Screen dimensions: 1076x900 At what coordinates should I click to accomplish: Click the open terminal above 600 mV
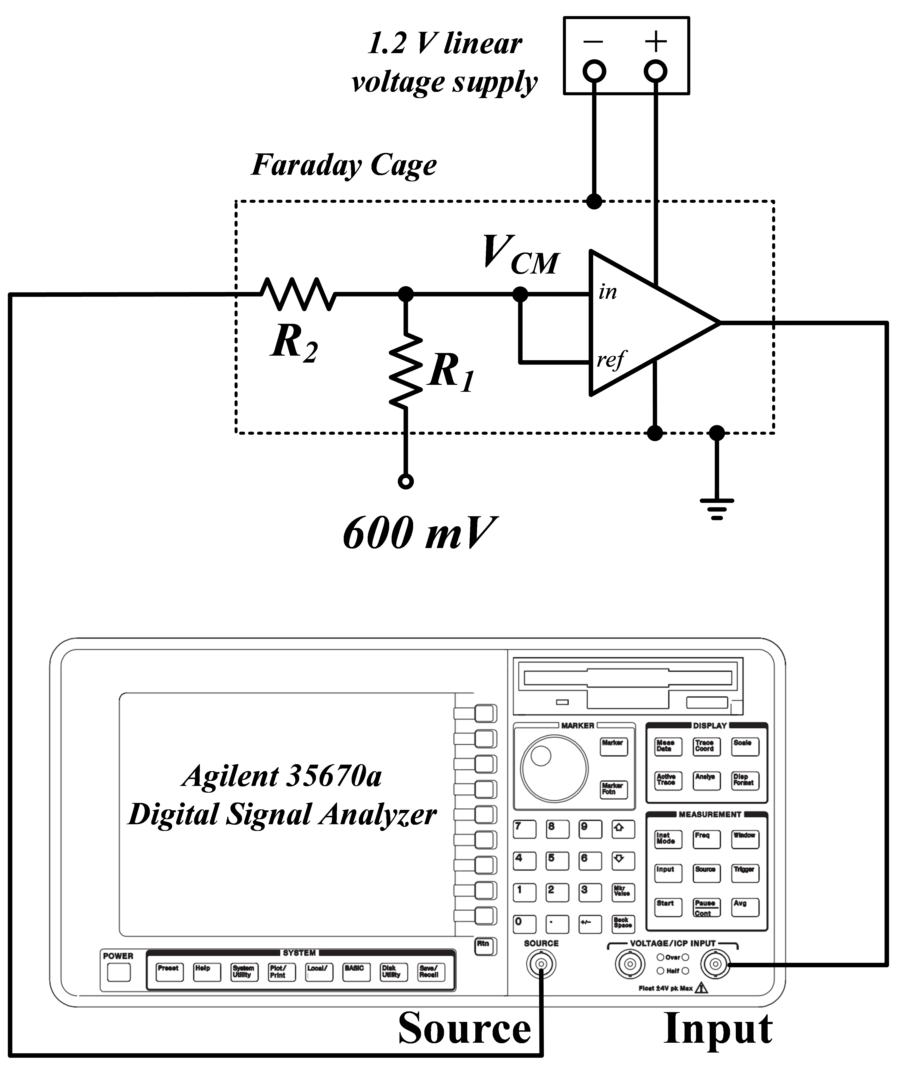[x=405, y=482]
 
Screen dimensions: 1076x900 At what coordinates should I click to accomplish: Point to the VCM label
[x=520, y=255]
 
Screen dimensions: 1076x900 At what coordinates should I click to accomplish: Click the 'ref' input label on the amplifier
[x=610, y=360]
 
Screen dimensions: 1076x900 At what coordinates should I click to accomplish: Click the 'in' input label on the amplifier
[x=607, y=292]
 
